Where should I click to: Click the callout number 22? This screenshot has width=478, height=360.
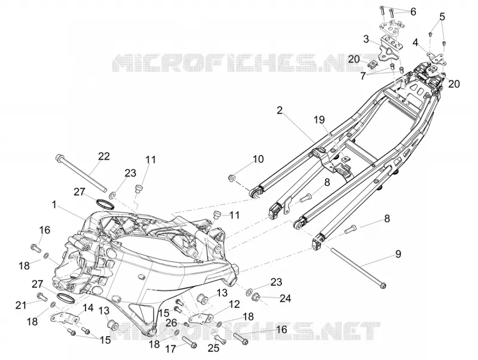point(103,156)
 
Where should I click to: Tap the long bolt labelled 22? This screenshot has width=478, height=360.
point(81,173)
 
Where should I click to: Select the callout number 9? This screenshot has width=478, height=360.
point(398,254)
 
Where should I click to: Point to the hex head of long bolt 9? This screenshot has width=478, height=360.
point(383,286)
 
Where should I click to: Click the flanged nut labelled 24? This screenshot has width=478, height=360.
point(257,296)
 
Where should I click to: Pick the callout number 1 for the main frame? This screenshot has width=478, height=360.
point(54,205)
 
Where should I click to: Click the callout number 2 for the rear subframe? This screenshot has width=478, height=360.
point(280,110)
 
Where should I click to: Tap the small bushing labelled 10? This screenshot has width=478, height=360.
point(232,178)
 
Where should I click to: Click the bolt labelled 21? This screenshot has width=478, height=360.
point(41,296)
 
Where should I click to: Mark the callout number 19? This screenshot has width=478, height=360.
point(320,120)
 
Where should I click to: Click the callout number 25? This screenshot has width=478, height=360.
point(213,349)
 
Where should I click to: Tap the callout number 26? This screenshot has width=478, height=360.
point(171,322)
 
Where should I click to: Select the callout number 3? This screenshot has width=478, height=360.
point(366,39)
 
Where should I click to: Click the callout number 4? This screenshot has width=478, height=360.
point(415,42)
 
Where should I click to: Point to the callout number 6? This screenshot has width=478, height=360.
point(413,12)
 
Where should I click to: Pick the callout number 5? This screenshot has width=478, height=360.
point(442,17)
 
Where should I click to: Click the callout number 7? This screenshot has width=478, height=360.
point(363,76)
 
